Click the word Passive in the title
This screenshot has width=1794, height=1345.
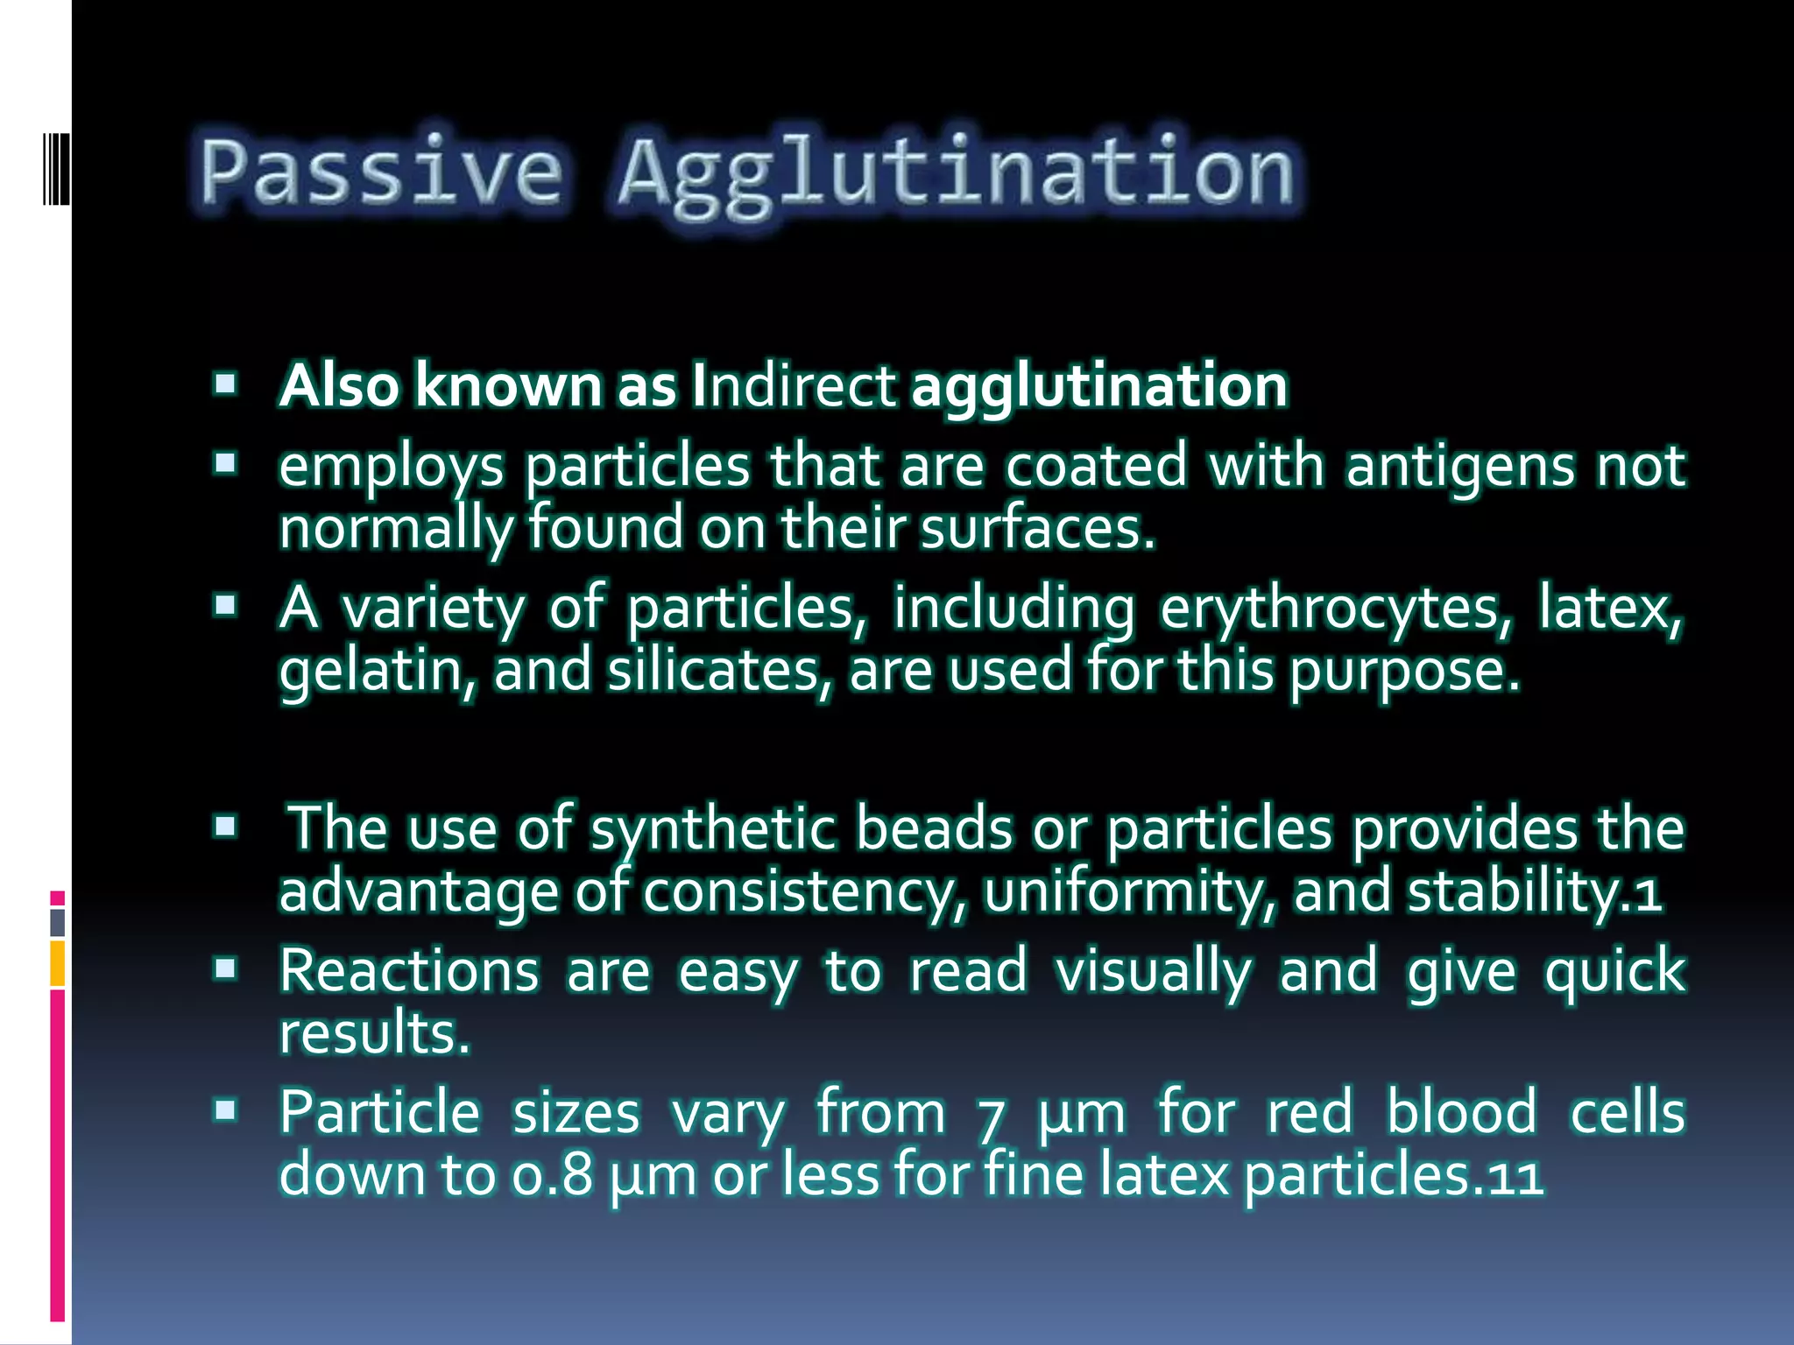[380, 171]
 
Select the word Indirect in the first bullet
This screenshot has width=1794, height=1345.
[794, 386]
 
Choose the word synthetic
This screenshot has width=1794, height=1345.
[712, 828]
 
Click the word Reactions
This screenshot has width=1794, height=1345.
[409, 971]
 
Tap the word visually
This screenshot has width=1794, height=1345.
[1154, 972]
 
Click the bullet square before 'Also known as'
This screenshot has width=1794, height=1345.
[226, 384]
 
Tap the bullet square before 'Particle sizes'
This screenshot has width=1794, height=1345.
[226, 1111]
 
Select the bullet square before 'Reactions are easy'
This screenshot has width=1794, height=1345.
[226, 968]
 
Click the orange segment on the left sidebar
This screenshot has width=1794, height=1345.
[58, 963]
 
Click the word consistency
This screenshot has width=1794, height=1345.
[804, 892]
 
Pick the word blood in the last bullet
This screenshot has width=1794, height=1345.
[1461, 1113]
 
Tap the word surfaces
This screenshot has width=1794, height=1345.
[1037, 529]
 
